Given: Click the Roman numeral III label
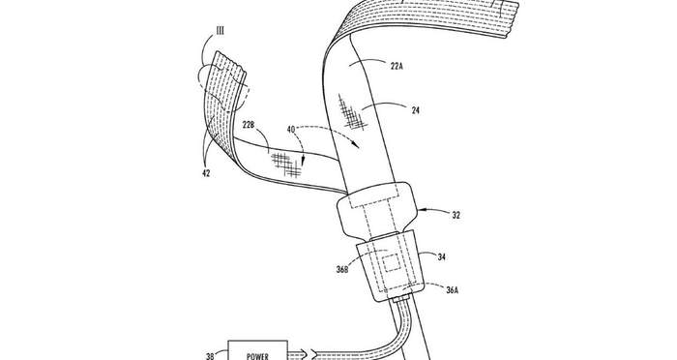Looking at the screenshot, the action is point(221,32).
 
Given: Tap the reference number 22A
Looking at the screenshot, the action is point(397,67).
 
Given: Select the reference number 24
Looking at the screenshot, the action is point(415,110).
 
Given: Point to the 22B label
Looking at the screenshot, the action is point(250,126).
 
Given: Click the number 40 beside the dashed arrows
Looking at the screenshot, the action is point(291,129).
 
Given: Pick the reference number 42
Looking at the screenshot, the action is point(206,173).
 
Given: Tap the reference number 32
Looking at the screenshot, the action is point(456,215).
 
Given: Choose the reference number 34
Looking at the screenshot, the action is point(441,257).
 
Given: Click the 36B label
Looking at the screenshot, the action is point(342,271).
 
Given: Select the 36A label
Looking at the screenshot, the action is point(452,290).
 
